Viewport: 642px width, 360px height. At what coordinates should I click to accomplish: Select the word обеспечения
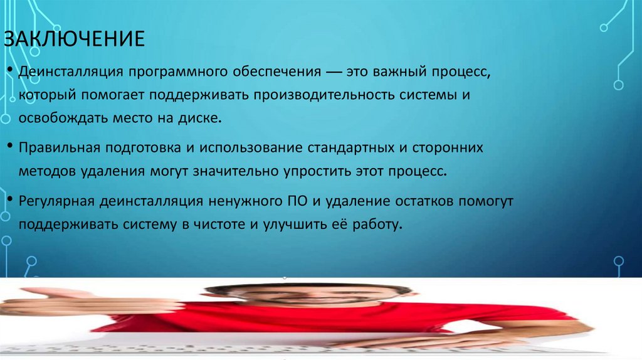point(273,73)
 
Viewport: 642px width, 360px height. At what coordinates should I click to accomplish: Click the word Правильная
point(60,148)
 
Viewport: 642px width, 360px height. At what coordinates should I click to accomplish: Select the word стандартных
point(350,148)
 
